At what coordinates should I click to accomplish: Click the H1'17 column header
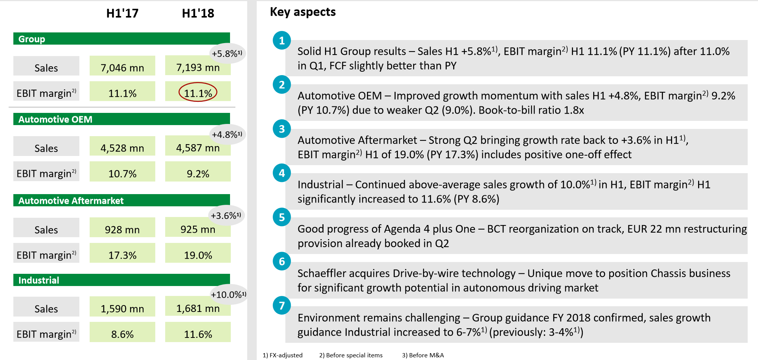pos(122,13)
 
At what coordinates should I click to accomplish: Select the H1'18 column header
pos(198,13)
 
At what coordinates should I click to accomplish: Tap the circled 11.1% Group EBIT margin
pos(198,93)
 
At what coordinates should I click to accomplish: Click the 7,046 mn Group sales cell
pos(122,67)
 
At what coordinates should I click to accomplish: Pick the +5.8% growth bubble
pos(227,53)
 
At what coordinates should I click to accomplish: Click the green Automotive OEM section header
pos(121,119)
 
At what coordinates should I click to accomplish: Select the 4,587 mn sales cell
pos(198,148)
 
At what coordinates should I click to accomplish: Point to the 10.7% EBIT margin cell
pos(122,174)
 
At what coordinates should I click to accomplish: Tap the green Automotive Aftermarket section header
pos(121,201)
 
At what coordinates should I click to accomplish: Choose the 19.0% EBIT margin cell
pos(198,255)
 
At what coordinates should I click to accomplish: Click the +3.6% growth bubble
pos(226,215)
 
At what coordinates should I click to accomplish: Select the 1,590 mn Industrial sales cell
pos(122,308)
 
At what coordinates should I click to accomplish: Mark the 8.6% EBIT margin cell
pos(122,334)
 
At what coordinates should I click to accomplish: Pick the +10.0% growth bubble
pos(228,294)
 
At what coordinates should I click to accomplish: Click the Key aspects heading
pos(303,12)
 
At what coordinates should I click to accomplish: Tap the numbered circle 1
pos(282,40)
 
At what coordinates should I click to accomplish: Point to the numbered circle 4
pos(282,173)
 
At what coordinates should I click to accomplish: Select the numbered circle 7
pos(282,305)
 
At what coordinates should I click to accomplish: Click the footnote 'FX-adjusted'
pos(283,355)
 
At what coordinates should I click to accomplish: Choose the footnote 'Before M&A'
pos(423,355)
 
